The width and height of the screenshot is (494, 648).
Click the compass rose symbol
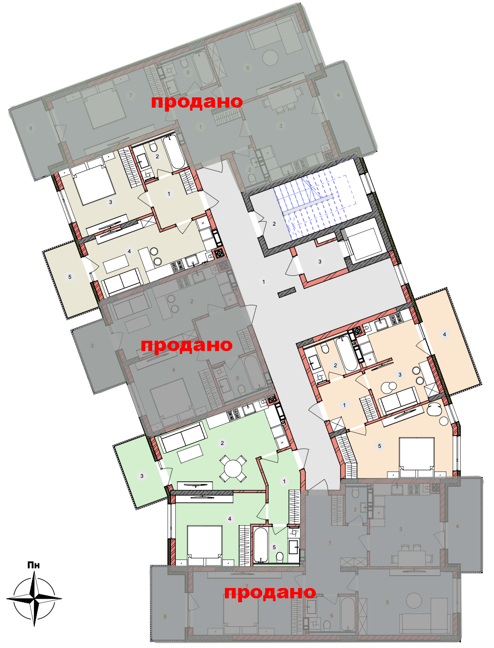click(x=34, y=598)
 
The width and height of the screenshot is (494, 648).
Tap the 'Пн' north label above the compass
click(x=33, y=565)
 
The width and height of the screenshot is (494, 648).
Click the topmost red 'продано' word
click(x=197, y=102)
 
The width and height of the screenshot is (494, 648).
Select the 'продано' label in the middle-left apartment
click(x=187, y=345)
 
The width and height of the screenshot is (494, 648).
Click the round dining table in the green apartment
click(x=233, y=468)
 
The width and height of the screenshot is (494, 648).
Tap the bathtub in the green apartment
click(x=261, y=546)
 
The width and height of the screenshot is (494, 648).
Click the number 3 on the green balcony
click(x=142, y=476)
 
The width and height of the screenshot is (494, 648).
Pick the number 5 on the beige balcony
click(x=70, y=277)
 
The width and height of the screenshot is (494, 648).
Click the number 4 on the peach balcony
click(x=444, y=334)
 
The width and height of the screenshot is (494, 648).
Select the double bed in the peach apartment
click(x=416, y=457)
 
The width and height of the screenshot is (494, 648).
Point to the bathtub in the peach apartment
click(x=347, y=354)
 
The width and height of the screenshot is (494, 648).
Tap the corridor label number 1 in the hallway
click(x=264, y=282)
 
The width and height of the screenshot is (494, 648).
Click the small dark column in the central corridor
click(x=287, y=292)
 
